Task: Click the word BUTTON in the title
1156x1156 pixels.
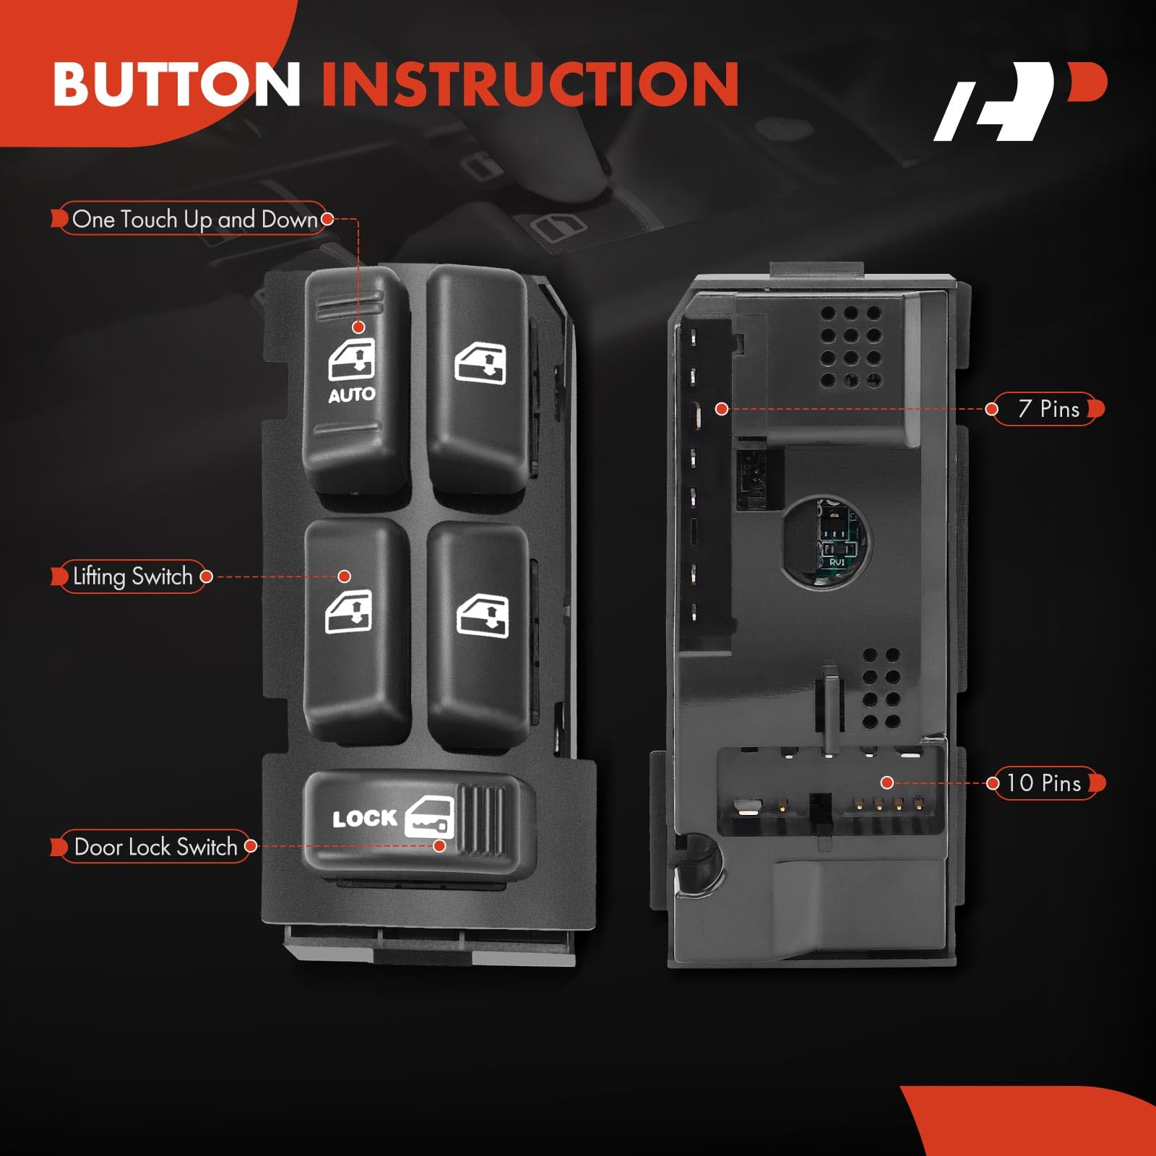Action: [177, 85]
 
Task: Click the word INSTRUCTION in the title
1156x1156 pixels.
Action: [530, 85]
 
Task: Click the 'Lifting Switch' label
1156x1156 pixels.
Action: [133, 577]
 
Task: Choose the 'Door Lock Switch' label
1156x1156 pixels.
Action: [155, 847]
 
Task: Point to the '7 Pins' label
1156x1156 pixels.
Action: [1048, 409]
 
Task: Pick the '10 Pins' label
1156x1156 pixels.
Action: [1043, 783]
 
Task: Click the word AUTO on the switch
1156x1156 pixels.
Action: [352, 395]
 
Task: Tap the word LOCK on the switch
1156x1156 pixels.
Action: [365, 819]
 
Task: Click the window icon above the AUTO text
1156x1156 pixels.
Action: [352, 360]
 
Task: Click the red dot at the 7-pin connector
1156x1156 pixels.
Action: [721, 409]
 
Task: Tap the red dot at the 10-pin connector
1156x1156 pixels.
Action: [887, 782]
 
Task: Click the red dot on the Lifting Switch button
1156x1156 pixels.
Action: [345, 577]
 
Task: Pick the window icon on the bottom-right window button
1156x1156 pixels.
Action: [483, 616]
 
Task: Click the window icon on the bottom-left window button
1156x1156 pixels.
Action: [349, 612]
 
